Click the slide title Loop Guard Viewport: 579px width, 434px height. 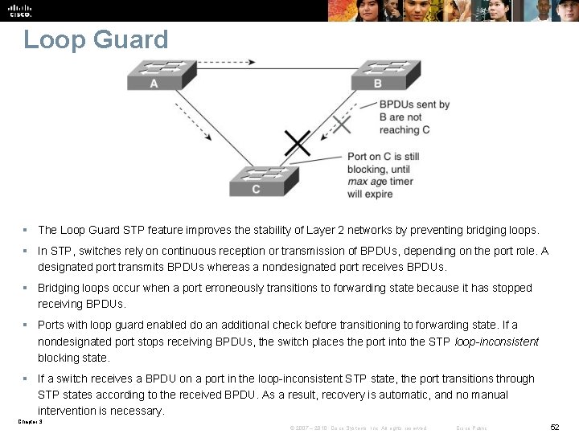[96, 39]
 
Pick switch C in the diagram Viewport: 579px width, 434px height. [264, 181]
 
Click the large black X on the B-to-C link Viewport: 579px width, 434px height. [298, 144]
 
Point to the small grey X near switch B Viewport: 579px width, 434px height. [343, 124]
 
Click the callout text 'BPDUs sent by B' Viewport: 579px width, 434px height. [414, 104]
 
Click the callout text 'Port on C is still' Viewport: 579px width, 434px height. [383, 157]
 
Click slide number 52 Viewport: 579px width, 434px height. [554, 428]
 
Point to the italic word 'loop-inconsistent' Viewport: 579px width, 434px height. [496, 342]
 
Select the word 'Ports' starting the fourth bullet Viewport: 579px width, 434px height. [51, 325]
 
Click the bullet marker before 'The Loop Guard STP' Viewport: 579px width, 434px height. [26, 230]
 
